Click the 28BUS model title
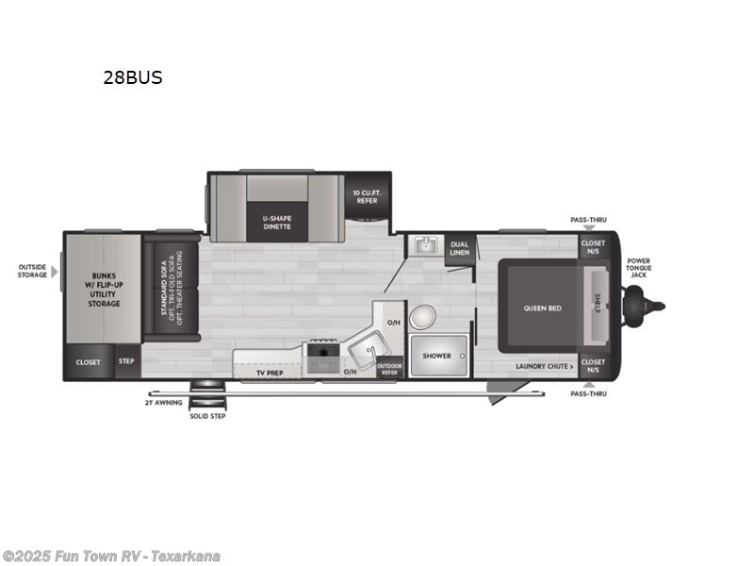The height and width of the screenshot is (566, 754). click(133, 78)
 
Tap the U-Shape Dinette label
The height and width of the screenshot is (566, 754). click(276, 222)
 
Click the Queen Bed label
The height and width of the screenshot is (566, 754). click(543, 308)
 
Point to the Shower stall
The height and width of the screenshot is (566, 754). click(436, 357)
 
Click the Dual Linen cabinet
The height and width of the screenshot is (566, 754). click(459, 248)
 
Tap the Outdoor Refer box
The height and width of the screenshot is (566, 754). click(388, 370)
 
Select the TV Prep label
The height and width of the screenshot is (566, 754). click(270, 374)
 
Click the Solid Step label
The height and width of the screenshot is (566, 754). click(206, 414)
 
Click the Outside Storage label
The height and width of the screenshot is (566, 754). click(32, 271)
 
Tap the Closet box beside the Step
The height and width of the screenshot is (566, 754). click(89, 362)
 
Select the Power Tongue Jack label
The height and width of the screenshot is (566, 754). click(639, 267)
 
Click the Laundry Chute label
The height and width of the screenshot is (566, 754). click(544, 366)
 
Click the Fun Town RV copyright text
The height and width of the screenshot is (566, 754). click(111, 556)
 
